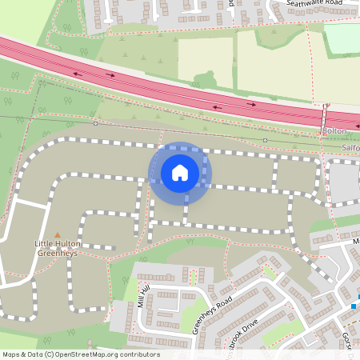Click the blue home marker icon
click(180, 172)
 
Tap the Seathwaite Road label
click(319, 7)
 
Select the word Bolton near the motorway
click(335, 130)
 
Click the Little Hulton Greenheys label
click(57, 246)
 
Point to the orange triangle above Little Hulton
click(57, 234)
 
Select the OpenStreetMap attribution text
click(80, 354)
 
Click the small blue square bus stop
click(353, 306)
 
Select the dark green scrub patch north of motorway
click(206, 80)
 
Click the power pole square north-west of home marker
click(95, 123)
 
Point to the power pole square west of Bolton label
click(265, 140)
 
